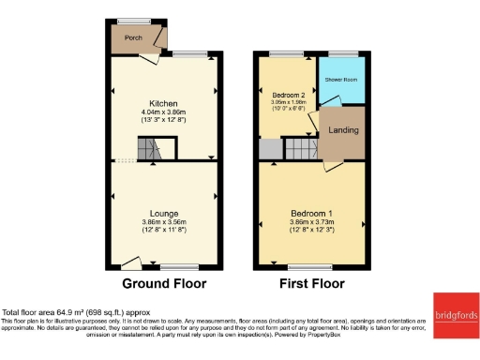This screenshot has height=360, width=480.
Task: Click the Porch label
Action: pyautogui.click(x=122, y=39)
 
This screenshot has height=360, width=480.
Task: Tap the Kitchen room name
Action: pyautogui.click(x=164, y=103)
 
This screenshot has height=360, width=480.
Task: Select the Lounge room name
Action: pyautogui.click(x=164, y=213)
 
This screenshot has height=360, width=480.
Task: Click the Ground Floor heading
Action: pyautogui.click(x=164, y=283)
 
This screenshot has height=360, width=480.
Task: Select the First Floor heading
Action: pyautogui.click(x=311, y=283)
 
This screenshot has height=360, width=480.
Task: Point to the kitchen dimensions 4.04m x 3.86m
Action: pyautogui.click(x=164, y=112)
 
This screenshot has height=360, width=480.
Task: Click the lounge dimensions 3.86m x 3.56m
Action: pyautogui.click(x=164, y=222)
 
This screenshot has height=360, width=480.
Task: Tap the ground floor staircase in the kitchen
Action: pyautogui.click(x=151, y=149)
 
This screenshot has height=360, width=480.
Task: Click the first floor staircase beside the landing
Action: pyautogui.click(x=299, y=148)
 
